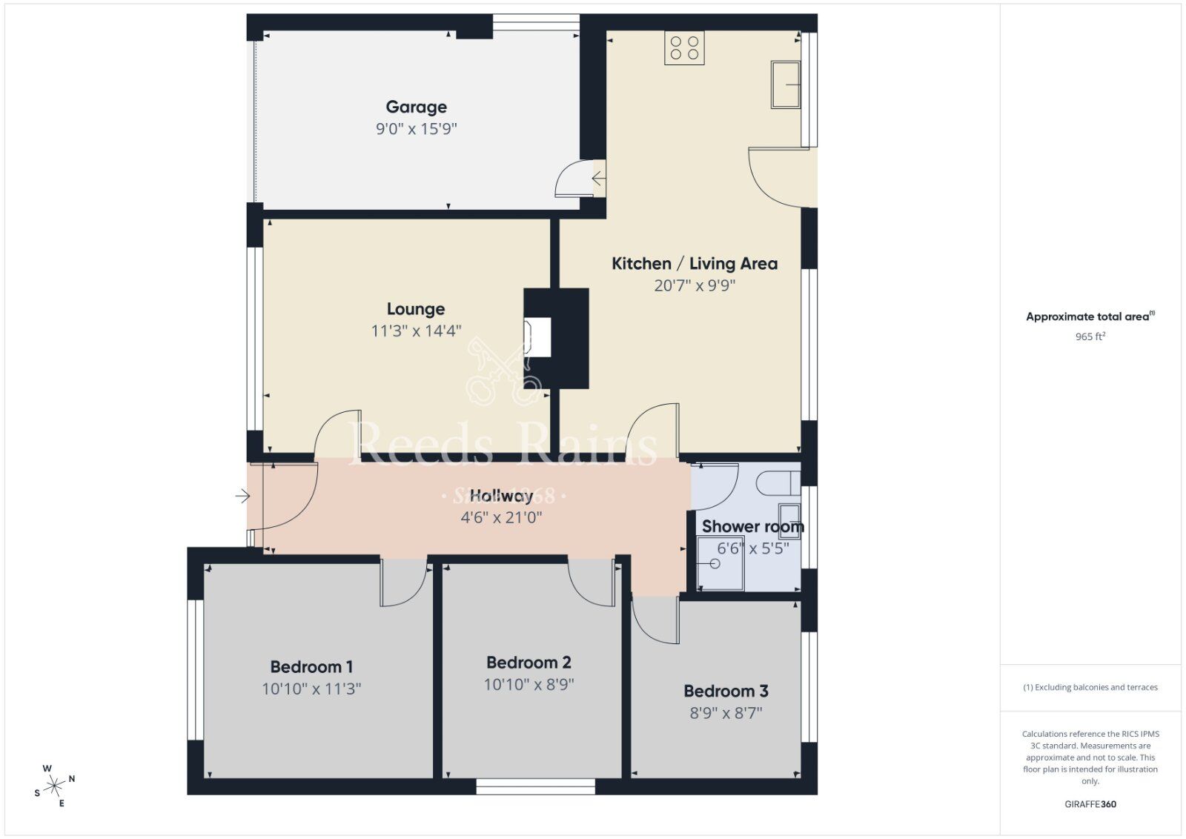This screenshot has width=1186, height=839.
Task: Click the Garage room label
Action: tap(416, 107)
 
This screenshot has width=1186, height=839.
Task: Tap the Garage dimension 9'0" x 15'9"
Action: tap(416, 129)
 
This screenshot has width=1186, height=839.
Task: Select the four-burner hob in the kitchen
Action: tap(684, 48)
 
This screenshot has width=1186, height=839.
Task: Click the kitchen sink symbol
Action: tap(786, 84)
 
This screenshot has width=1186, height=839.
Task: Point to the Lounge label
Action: tap(416, 309)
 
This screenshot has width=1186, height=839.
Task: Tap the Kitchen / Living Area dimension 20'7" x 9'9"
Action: tap(694, 285)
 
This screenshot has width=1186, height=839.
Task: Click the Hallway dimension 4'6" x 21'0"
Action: tap(501, 517)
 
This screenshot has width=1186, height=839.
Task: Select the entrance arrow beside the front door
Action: tap(242, 496)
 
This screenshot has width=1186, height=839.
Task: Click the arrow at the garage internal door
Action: tap(598, 179)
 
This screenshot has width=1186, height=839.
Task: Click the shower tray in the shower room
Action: tap(720, 564)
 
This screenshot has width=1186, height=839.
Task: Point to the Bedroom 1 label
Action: tap(311, 667)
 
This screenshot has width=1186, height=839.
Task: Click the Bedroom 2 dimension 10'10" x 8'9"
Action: tap(529, 684)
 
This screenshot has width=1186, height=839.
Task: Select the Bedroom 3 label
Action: tap(726, 692)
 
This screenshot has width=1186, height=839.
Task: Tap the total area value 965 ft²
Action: tap(1090, 336)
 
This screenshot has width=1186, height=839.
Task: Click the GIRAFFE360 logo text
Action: tap(1090, 804)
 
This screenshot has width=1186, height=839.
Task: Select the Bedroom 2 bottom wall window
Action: tap(535, 786)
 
